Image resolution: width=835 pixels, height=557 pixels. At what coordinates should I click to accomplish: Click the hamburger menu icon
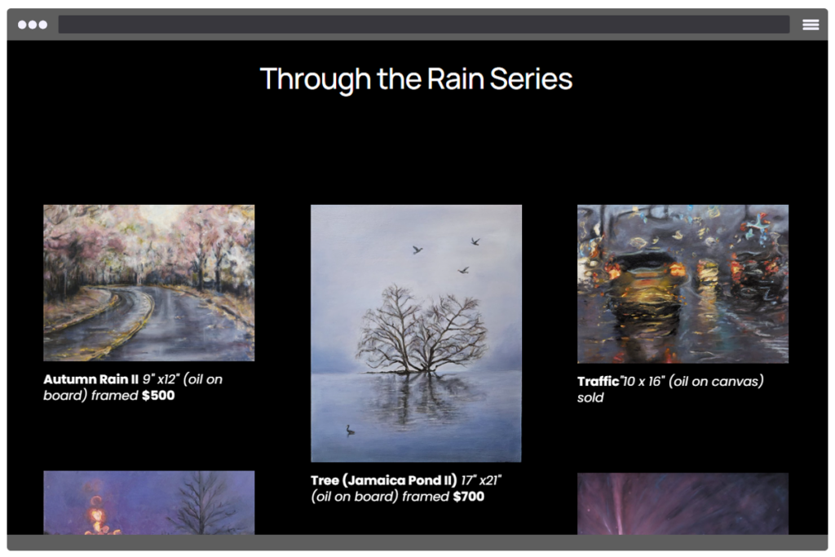click(811, 24)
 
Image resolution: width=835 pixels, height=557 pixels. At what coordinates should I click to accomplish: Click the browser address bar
click(424, 24)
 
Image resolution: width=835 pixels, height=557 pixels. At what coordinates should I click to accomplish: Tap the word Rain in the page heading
click(455, 79)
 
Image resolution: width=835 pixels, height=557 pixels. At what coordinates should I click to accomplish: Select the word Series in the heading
click(531, 79)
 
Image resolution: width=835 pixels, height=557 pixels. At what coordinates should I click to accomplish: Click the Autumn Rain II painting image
click(149, 283)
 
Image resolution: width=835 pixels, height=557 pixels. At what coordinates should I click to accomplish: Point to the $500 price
click(158, 395)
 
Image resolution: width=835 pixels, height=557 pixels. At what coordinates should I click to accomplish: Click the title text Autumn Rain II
click(91, 379)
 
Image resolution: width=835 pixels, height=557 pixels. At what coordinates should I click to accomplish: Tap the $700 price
click(469, 497)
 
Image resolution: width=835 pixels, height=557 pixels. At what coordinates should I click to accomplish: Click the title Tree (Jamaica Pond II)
click(383, 480)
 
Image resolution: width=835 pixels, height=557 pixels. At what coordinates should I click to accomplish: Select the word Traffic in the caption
click(598, 382)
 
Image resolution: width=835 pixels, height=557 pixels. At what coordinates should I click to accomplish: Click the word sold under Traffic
click(590, 397)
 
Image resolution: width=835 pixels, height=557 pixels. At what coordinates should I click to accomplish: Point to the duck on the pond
click(350, 430)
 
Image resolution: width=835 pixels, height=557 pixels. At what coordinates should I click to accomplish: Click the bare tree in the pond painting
click(421, 330)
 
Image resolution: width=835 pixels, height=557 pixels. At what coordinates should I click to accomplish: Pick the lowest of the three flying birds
click(463, 271)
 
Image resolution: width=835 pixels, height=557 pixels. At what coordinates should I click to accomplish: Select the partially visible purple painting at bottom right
click(683, 504)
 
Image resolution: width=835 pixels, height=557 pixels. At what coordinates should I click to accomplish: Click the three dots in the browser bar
click(33, 24)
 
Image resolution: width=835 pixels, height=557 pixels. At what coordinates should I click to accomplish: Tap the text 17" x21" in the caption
click(481, 480)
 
